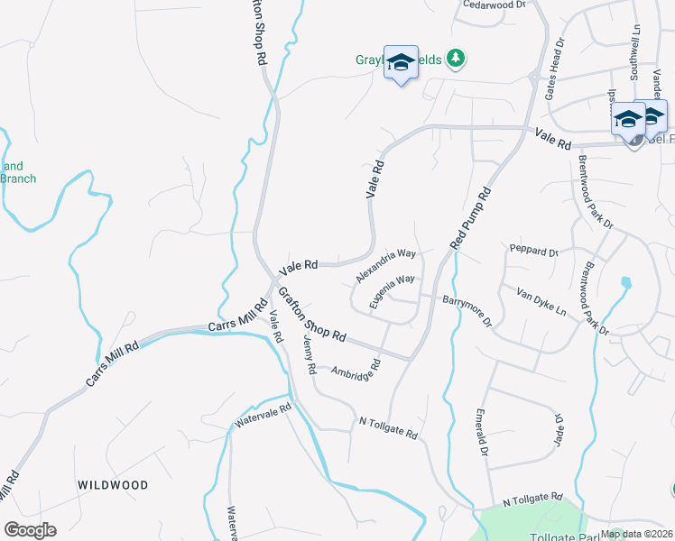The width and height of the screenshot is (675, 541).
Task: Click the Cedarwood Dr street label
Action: point(494,5)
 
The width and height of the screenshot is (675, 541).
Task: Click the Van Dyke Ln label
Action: point(541,302)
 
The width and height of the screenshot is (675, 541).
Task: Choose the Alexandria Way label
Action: point(385,266)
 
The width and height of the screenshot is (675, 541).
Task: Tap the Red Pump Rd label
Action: point(471,218)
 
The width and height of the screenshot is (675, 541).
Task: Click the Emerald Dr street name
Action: point(483,433)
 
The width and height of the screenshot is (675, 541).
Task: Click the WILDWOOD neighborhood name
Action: point(113,485)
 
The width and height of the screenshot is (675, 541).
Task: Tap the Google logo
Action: point(30,530)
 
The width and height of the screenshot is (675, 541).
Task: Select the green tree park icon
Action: point(458,59)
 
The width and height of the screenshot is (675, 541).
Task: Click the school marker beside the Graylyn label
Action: point(401,62)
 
